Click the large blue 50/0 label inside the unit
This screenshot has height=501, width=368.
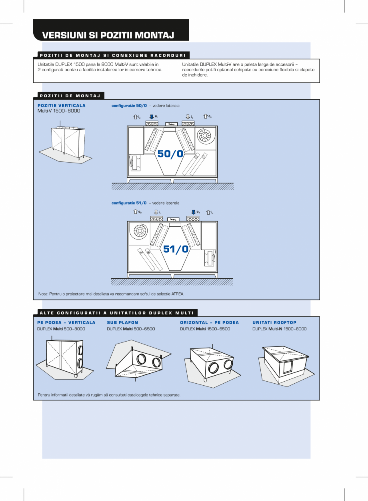pos(170,154)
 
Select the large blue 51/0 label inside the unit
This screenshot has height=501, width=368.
pos(176,249)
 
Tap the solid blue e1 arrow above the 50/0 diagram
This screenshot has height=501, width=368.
pos(152,117)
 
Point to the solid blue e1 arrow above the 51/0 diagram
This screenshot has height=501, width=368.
pos(193,212)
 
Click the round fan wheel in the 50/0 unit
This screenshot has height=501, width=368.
pos(204,136)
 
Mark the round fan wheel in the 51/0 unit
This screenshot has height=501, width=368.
pos(140,231)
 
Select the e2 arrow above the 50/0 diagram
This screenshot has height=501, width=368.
pos(206,117)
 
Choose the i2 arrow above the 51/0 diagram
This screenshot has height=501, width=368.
pos(208,212)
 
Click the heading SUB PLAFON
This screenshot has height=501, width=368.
pos(122,322)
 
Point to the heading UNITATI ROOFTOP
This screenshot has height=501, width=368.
pos(274,322)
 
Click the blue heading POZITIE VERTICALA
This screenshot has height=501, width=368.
pos(62,106)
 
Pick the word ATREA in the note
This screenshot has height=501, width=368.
pos(178,294)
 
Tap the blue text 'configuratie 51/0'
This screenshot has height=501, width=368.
pos(129,203)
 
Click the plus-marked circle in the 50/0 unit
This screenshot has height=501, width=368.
pos(196,157)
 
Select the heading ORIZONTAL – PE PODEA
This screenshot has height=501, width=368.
pos(209,322)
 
